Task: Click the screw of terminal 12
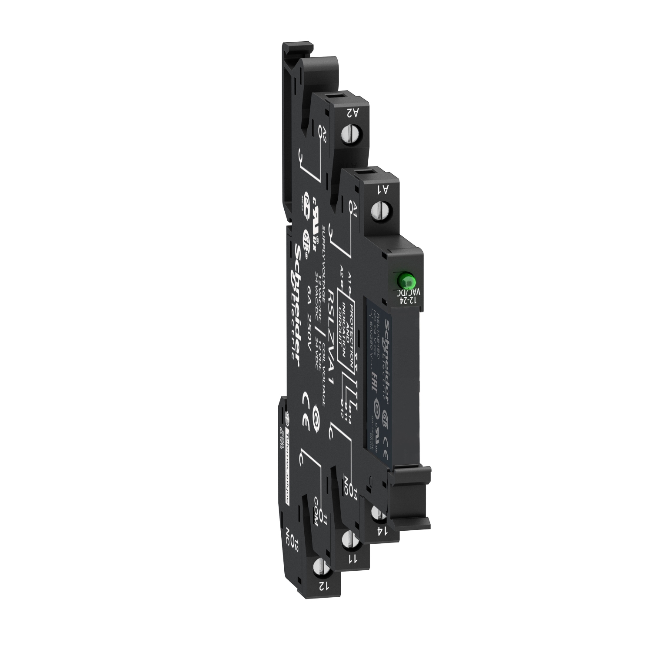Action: pyautogui.click(x=320, y=568)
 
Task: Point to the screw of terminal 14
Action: pyautogui.click(x=378, y=515)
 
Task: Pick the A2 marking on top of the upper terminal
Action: pyautogui.click(x=353, y=113)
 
